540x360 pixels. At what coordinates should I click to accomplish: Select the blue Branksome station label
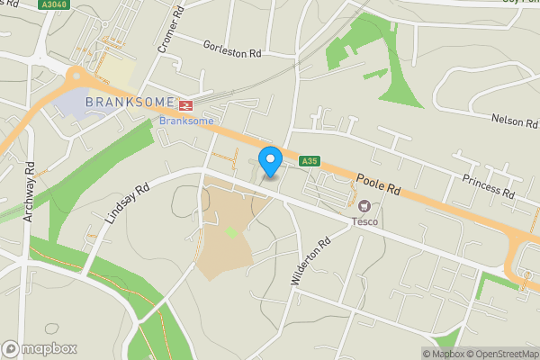(186, 121)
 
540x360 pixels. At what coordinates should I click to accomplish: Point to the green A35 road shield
(310, 161)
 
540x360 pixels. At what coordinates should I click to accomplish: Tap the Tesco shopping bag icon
(366, 209)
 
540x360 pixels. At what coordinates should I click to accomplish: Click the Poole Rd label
(378, 184)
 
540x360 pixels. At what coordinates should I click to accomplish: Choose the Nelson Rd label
(514, 119)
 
